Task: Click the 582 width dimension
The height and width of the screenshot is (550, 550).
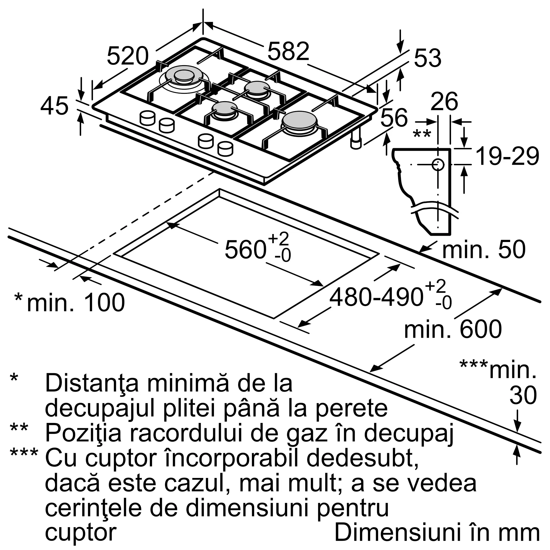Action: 288,51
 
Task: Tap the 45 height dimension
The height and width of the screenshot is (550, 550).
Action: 54,106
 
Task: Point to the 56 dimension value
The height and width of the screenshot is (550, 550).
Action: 394,117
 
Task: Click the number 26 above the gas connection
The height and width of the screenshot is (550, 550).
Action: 444,102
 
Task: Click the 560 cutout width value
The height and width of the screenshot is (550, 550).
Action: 245,250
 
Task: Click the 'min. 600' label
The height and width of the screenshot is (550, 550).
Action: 453,329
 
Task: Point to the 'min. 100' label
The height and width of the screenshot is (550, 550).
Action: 76,302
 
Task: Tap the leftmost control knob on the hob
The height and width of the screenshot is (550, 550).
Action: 148,118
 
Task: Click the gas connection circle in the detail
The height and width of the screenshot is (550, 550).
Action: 438,164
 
